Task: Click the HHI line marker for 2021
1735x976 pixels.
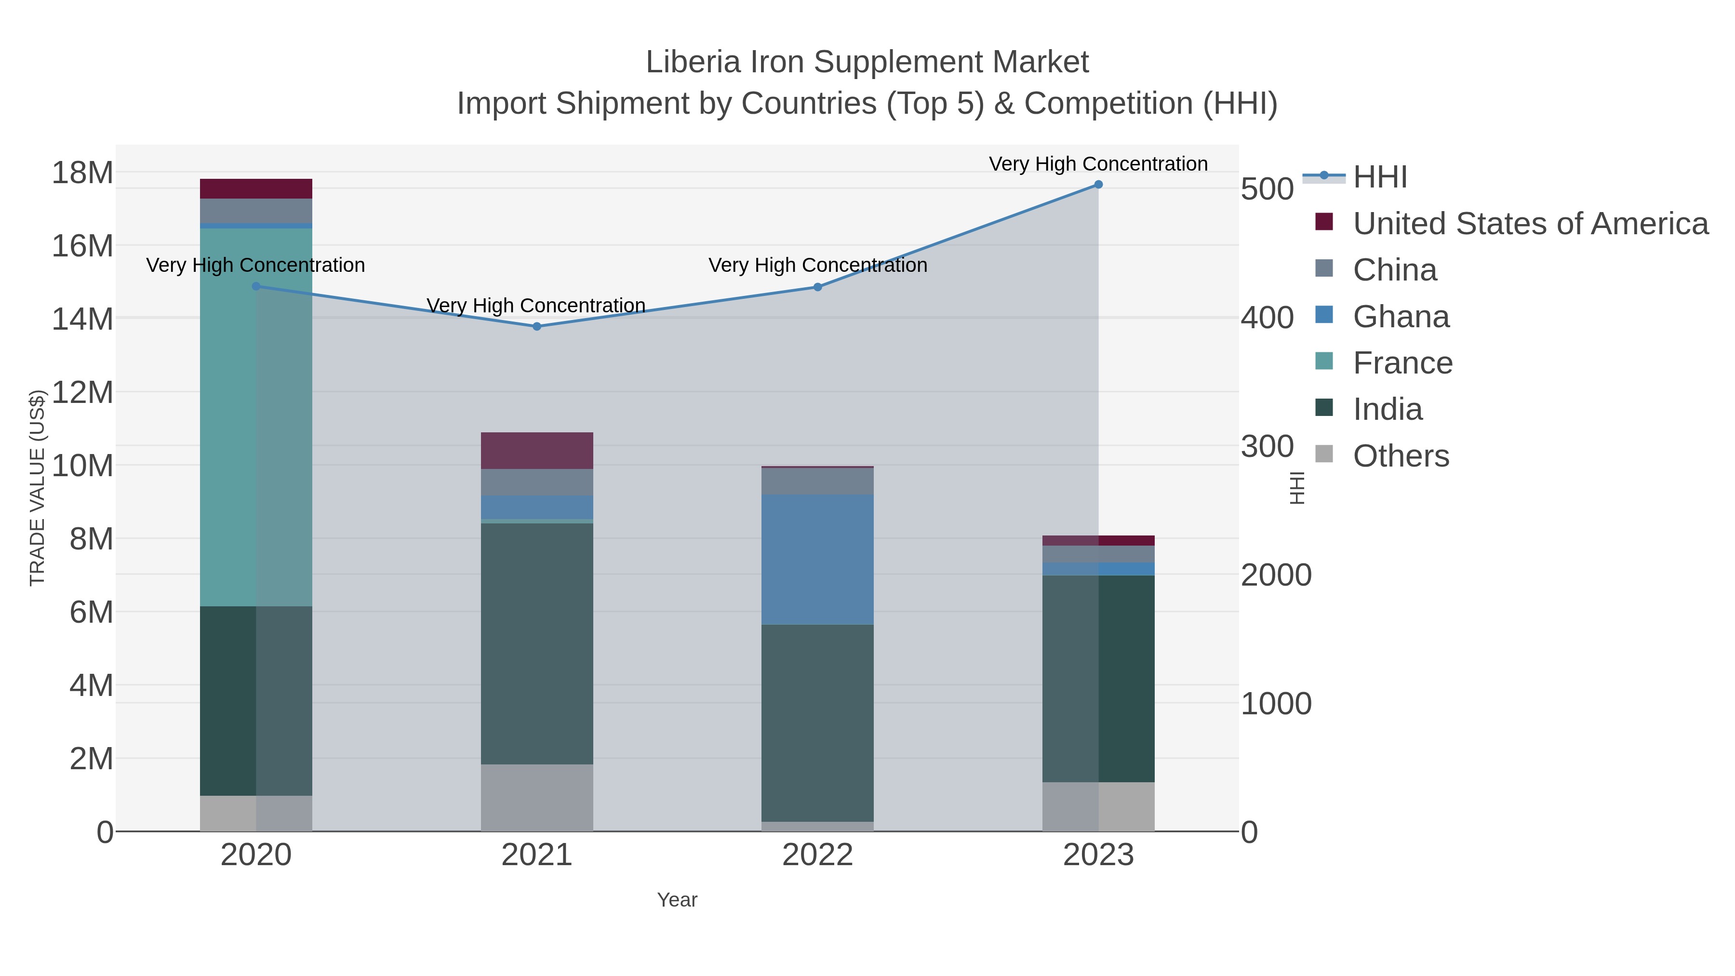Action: point(537,327)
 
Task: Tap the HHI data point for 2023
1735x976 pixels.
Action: point(1098,185)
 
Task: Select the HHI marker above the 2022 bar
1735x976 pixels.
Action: point(818,287)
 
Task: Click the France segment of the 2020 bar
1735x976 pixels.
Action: point(256,417)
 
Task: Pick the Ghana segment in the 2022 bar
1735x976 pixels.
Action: point(818,560)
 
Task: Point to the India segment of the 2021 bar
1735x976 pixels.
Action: point(537,643)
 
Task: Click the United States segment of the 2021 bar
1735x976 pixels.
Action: point(537,451)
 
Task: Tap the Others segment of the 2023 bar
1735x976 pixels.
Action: point(1098,806)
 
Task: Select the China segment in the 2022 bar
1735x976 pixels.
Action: point(818,481)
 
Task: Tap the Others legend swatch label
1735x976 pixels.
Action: point(1401,456)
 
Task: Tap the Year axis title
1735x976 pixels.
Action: point(677,900)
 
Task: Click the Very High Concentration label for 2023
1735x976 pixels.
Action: point(1098,164)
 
